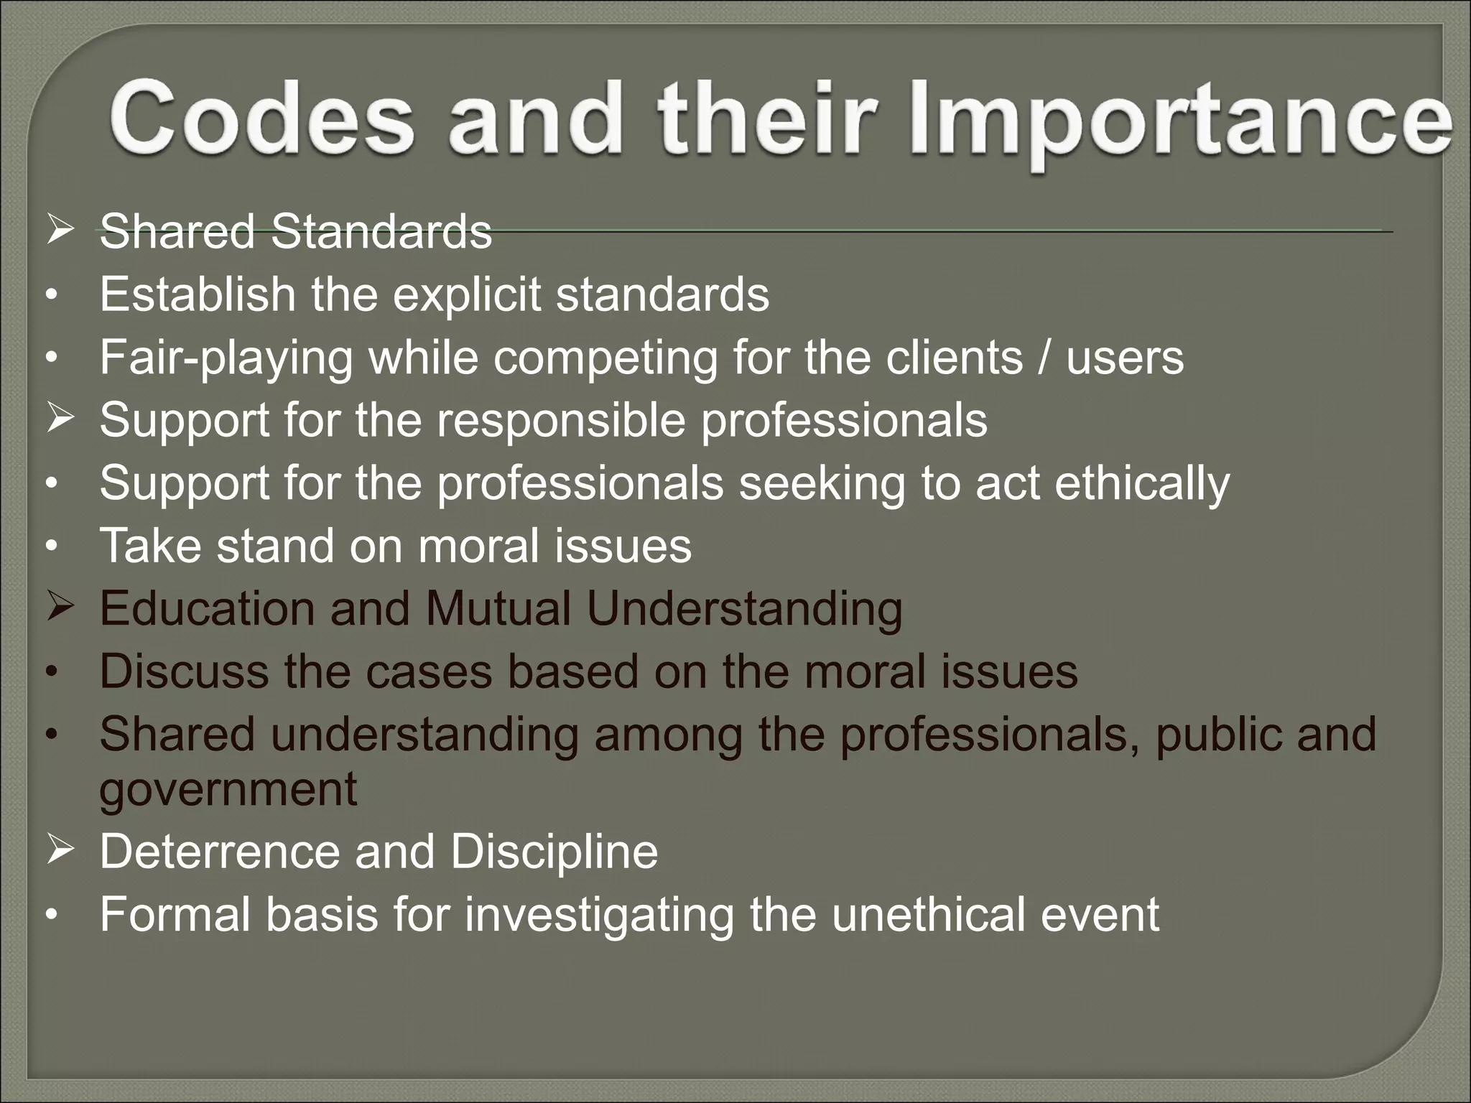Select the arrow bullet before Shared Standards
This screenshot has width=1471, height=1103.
coord(60,232)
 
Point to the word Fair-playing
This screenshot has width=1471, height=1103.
coord(226,358)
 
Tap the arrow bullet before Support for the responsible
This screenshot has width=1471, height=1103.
coord(60,419)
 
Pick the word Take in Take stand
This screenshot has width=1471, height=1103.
coord(150,546)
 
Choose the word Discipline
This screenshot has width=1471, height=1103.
coord(554,852)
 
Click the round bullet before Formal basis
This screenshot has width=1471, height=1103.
coord(50,916)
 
